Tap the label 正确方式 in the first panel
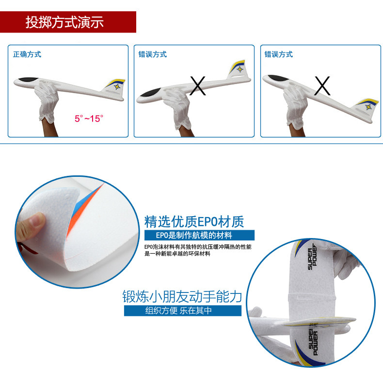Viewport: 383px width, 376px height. [x=27, y=54]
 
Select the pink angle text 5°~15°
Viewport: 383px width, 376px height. [x=89, y=119]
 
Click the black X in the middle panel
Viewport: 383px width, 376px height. [x=198, y=85]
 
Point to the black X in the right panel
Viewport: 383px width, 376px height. [x=322, y=85]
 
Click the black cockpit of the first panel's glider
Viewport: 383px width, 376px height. [x=28, y=80]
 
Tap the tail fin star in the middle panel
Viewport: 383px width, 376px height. [x=240, y=69]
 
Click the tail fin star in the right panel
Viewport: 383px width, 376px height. [x=368, y=107]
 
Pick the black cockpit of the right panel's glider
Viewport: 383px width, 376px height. [x=278, y=78]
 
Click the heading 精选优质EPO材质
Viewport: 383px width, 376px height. [x=194, y=222]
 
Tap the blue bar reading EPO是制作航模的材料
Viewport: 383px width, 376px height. [x=199, y=235]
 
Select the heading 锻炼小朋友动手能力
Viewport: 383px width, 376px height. [x=182, y=296]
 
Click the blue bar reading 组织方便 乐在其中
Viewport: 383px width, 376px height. [x=183, y=310]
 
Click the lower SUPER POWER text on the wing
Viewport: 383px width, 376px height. [x=313, y=342]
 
